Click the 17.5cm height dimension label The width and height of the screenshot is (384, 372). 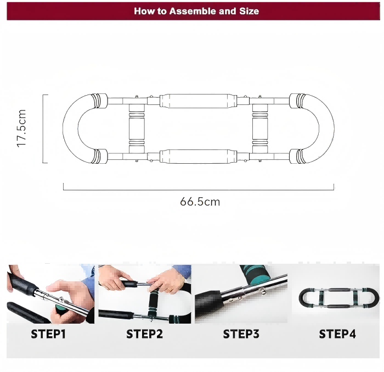coord(21,129)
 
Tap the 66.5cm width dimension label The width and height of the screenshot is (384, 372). coord(200,202)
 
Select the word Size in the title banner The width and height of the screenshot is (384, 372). coord(249,11)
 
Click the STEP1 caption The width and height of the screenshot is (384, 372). coord(48,334)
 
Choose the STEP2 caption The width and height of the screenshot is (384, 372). coord(144,334)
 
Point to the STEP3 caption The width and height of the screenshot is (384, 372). coord(241,334)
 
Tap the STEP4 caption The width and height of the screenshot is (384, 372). coord(337,334)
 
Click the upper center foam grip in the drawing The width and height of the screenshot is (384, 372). coord(199,101)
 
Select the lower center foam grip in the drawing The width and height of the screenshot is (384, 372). coord(199,156)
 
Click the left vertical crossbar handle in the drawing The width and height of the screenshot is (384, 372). coord(137,129)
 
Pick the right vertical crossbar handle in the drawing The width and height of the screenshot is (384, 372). coord(260,129)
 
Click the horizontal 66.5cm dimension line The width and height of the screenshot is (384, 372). coord(199,190)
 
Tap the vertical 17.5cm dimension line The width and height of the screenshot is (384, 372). coord(43,129)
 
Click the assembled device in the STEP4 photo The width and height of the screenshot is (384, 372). coord(339,298)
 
